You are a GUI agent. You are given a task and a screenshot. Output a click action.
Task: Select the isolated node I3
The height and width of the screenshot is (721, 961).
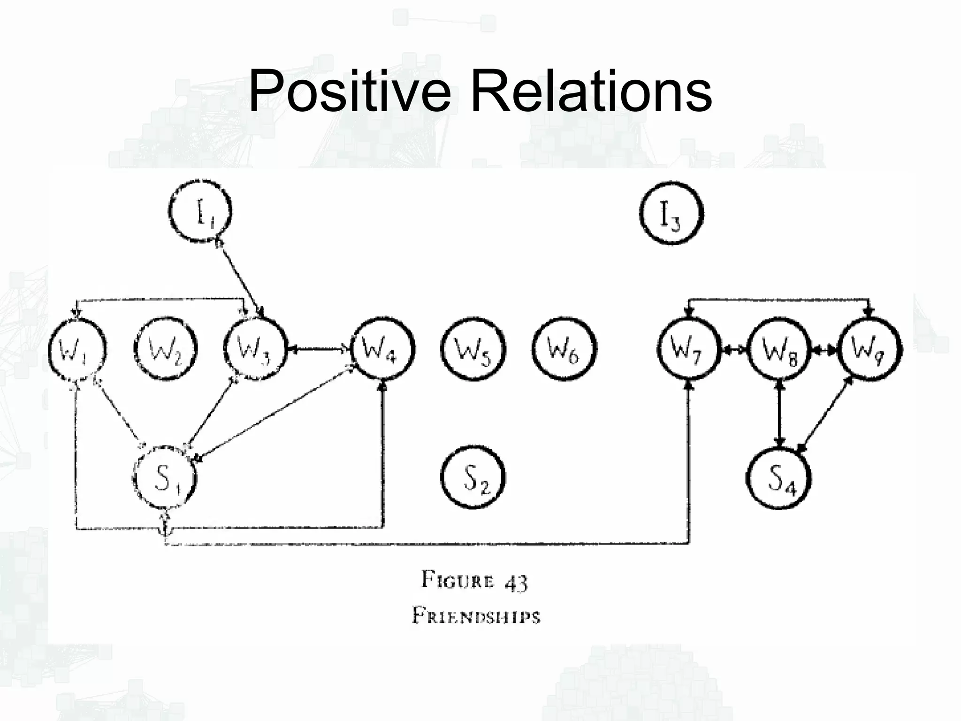671,214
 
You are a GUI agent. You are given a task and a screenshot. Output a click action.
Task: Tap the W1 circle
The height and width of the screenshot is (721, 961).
77,349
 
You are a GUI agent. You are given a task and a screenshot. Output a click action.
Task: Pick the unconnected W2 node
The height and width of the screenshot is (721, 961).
165,349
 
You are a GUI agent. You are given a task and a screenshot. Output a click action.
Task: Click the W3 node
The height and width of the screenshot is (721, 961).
255,349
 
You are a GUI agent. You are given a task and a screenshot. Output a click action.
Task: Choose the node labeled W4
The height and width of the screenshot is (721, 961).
383,349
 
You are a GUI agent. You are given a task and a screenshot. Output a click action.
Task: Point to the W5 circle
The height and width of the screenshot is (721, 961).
473,349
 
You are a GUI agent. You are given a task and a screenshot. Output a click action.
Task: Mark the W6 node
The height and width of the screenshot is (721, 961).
564,349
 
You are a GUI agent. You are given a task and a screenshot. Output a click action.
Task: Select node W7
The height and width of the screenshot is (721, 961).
688,349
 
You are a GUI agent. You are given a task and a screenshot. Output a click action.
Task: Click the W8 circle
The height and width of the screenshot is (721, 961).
779,349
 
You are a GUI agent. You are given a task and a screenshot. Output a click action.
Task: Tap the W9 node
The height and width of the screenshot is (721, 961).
869,349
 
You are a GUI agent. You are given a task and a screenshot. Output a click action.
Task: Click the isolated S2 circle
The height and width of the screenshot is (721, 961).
473,478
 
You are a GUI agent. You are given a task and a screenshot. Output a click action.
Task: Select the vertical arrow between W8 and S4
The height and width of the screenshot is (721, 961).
779,413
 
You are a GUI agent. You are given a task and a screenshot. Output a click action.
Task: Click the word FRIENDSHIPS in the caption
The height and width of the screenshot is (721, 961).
476,615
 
